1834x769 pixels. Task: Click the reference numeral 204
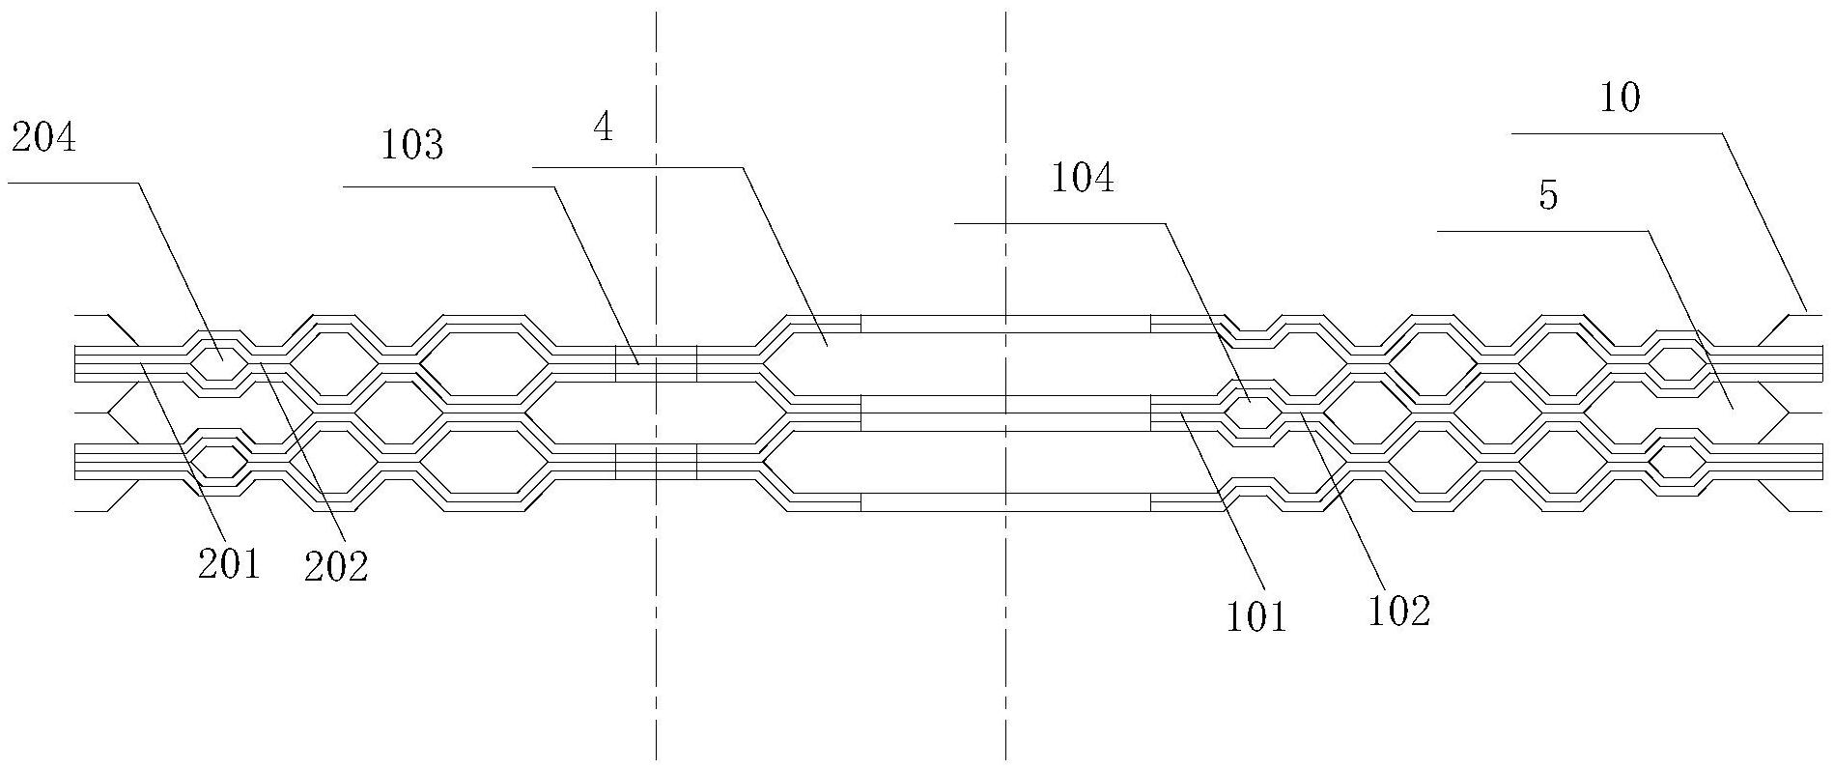pyautogui.click(x=42, y=140)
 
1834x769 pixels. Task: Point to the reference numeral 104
pyautogui.click(x=1083, y=179)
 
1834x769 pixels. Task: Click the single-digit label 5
pyautogui.click(x=1548, y=196)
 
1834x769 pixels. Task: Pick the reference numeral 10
pyautogui.click(x=1621, y=98)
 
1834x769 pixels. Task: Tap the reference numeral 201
pyautogui.click(x=229, y=562)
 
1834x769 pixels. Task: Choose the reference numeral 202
pyautogui.click(x=336, y=567)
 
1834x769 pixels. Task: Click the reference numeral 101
pyautogui.click(x=1257, y=616)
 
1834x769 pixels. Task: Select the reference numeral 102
pyautogui.click(x=1398, y=611)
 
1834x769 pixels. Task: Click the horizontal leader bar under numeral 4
pyautogui.click(x=637, y=167)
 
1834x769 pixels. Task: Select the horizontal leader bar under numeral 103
pyautogui.click(x=449, y=186)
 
